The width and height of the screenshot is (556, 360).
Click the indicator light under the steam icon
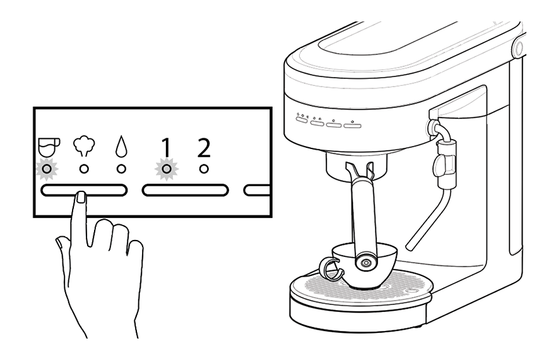(x=83, y=169)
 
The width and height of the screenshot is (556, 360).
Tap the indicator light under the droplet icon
(x=121, y=169)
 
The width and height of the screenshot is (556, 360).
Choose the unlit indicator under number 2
(x=203, y=169)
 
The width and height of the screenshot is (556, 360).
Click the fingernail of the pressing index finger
(x=81, y=198)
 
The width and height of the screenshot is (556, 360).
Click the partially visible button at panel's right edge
(x=257, y=189)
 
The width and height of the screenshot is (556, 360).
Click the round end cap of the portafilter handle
(x=365, y=261)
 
